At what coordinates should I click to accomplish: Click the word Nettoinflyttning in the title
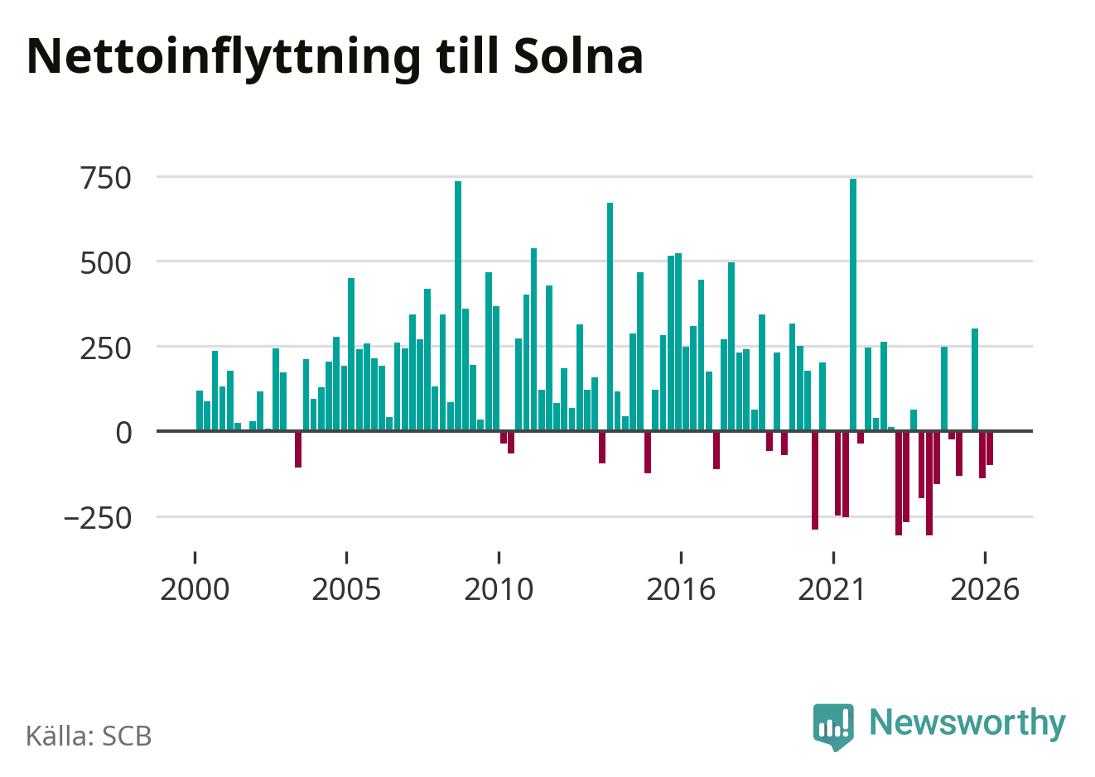(224, 58)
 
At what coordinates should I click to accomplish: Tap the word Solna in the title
(578, 55)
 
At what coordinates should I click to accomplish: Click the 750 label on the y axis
(106, 178)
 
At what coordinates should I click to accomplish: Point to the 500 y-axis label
(106, 264)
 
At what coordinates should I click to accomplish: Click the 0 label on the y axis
(123, 434)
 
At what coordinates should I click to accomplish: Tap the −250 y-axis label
(98, 518)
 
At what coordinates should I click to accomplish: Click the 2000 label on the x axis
(195, 589)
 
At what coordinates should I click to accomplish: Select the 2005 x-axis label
(346, 589)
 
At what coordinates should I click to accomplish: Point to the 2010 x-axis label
(499, 589)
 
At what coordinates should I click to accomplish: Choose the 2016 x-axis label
(681, 589)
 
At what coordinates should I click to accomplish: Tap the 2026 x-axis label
(985, 589)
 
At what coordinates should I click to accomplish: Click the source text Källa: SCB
(89, 736)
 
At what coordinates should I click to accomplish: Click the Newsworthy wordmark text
(967, 722)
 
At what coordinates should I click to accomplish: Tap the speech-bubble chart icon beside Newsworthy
(833, 727)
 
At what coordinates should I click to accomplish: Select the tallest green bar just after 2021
(853, 305)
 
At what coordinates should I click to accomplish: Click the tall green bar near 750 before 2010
(458, 305)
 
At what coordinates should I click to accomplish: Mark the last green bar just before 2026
(975, 380)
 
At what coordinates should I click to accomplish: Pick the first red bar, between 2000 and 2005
(298, 449)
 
